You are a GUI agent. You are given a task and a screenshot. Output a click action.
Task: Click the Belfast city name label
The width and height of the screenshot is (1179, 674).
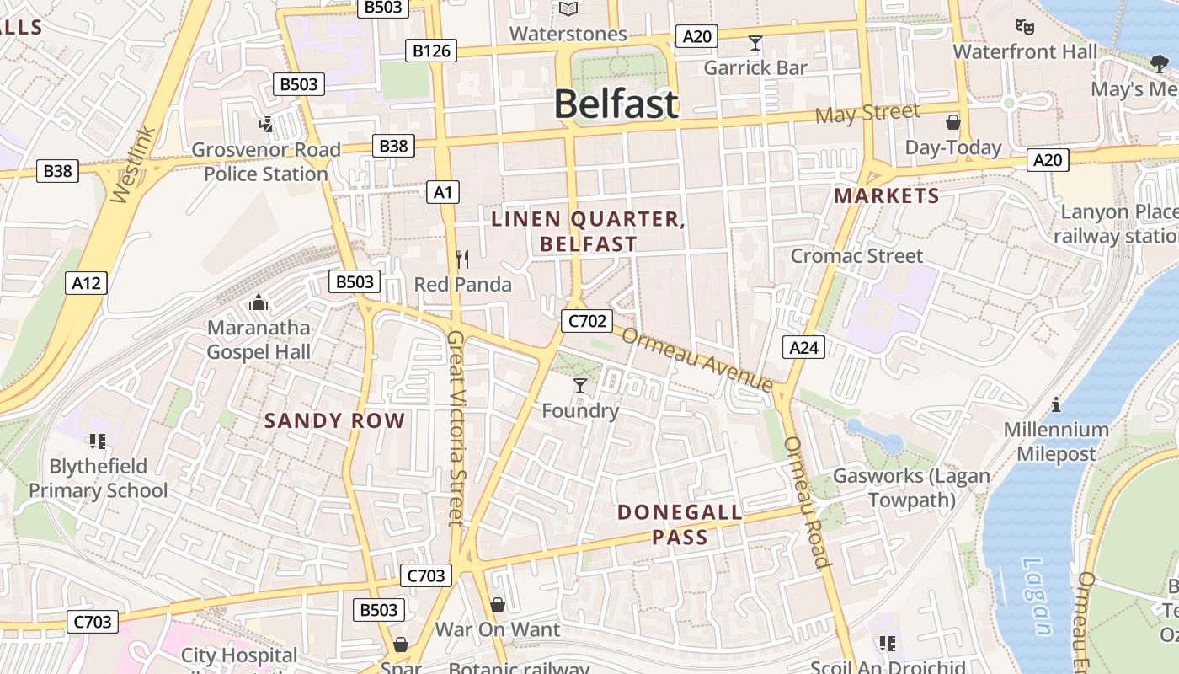point(616,104)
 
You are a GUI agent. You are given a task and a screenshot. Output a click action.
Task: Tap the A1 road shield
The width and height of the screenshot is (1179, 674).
point(443,192)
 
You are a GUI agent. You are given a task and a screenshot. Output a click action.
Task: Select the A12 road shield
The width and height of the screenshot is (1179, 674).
point(86,283)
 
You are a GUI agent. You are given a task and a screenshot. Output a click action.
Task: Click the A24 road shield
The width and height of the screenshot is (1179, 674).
point(803,346)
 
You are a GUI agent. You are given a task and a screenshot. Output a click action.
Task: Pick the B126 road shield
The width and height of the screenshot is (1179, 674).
point(431,51)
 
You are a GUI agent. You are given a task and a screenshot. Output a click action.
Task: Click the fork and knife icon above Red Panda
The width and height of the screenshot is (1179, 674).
point(461,259)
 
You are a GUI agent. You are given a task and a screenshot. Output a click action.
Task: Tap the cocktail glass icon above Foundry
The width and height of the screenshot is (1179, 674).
point(579,386)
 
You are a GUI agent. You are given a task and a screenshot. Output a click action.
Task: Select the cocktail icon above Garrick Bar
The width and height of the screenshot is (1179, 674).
point(755,43)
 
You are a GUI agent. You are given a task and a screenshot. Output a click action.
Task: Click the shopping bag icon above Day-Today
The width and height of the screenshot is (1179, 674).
point(952,123)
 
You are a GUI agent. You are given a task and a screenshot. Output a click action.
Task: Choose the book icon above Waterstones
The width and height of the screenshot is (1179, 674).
point(568,9)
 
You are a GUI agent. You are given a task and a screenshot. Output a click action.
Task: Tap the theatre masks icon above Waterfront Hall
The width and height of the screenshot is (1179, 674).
point(1024,27)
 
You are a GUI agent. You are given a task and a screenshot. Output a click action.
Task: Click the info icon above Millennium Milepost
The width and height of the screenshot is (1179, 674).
point(1055,404)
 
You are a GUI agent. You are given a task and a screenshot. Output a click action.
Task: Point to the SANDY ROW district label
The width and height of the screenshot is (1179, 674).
point(334,420)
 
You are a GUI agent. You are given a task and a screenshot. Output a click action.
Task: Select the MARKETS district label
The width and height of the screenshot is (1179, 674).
point(886,196)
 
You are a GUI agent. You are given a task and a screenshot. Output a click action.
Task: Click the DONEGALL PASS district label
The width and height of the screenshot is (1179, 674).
point(680,524)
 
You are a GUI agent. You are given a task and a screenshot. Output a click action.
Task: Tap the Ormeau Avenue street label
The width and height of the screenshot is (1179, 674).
point(697,359)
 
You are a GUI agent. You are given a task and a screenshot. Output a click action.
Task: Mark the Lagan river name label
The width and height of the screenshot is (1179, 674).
point(1037,596)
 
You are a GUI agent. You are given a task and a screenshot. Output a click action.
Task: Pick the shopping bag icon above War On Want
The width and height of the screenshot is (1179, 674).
point(497,605)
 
